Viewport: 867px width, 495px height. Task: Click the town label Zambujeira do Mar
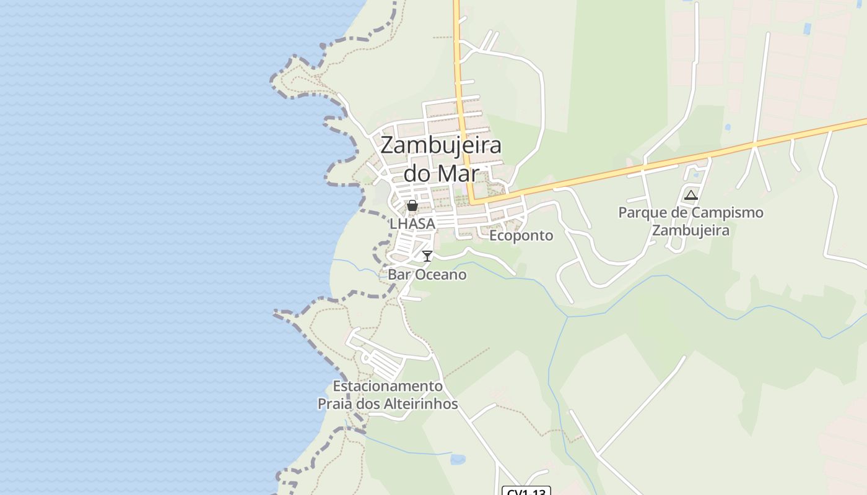coord(440,159)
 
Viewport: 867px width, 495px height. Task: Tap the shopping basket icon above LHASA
coord(412,205)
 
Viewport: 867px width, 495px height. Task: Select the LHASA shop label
coord(412,223)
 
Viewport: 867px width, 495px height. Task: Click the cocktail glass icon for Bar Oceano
coord(427,256)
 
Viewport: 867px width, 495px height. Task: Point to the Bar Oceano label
coord(427,274)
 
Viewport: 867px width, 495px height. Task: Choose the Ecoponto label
coord(521,236)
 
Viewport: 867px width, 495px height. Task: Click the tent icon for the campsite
coord(691,196)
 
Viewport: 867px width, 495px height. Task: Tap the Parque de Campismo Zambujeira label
coord(691,222)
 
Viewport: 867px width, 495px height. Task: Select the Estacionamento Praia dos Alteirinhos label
coord(388,395)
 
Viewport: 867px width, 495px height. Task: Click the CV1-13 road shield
coord(526,492)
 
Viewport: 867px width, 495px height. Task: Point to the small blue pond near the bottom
coord(458,459)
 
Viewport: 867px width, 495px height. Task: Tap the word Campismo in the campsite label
coord(727,213)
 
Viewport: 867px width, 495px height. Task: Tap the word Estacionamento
coord(388,386)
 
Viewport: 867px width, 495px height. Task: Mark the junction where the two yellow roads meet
coord(473,202)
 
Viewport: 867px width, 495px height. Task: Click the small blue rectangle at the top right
coord(807,28)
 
